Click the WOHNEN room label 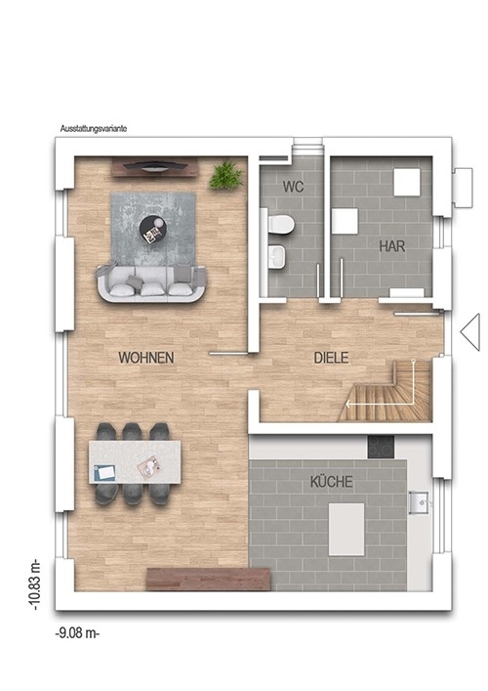pos(146,358)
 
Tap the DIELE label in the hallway pos(331,358)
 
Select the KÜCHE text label pos(331,481)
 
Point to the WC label pos(293,187)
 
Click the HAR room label pos(392,246)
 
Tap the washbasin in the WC pos(276,256)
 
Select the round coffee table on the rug pos(153,229)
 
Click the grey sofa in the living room pos(150,282)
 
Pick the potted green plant pos(226,175)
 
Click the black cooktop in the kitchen pos(381,447)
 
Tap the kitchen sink pos(421,502)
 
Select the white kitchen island pos(346,530)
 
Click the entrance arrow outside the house pos(470,332)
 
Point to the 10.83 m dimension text pos(36,584)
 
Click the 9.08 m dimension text pos(77,633)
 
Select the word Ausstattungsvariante pos(94,129)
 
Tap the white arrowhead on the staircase pos(347,403)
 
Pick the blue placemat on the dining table pos(105,472)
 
